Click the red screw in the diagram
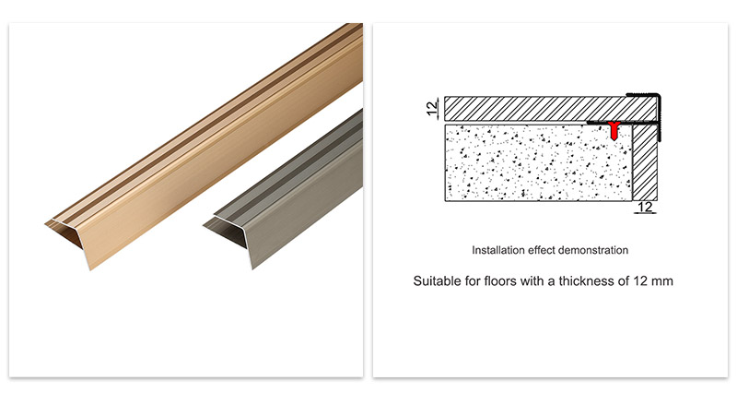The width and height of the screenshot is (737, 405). coord(613,130)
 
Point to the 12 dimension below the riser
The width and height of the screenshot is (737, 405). coord(646,208)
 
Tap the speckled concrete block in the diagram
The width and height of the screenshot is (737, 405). coord(534,162)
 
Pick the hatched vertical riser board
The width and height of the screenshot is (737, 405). coord(647,161)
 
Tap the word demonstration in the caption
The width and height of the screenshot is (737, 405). coord(595,250)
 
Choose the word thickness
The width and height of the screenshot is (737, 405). coord(582,280)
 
